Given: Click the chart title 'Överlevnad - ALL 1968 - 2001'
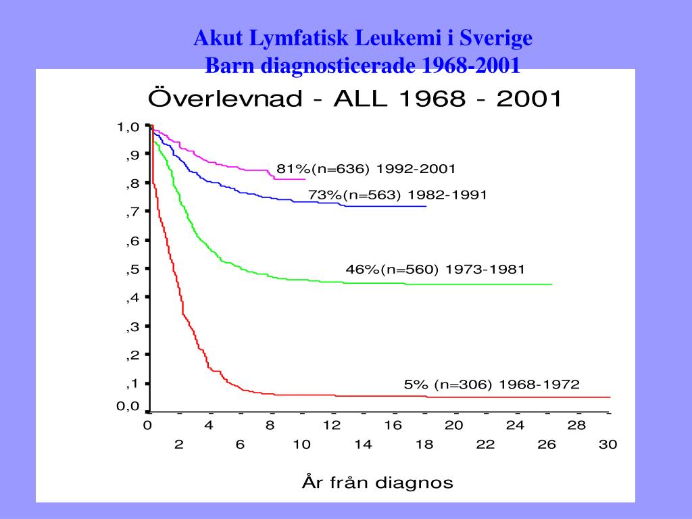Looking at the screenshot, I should (x=355, y=99).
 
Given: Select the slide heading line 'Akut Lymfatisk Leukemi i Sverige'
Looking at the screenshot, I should (x=363, y=39).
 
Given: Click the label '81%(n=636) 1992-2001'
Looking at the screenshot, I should (x=366, y=168).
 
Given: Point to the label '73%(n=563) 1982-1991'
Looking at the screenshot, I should (x=397, y=195).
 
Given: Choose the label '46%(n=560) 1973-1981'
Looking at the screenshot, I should (x=435, y=270).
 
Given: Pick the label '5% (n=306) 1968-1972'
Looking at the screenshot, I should (x=491, y=385).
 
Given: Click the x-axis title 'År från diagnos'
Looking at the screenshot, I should (x=376, y=483).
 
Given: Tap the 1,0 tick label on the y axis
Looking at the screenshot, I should (x=128, y=126).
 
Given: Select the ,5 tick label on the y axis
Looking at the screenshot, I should (x=132, y=269).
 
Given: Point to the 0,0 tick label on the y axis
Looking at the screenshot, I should (x=128, y=407).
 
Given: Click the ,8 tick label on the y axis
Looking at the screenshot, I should (x=132, y=183).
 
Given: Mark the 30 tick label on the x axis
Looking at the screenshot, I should (x=608, y=445).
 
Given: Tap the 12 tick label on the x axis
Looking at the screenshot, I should (x=332, y=426).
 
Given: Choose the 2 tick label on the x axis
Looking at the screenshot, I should (x=179, y=445).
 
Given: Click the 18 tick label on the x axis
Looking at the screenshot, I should (x=424, y=445).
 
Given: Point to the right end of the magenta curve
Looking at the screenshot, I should (x=305, y=179).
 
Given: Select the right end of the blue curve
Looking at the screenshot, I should (x=426, y=206).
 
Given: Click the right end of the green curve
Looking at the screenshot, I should (x=552, y=285).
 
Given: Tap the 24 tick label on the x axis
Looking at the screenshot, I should (x=516, y=426).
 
